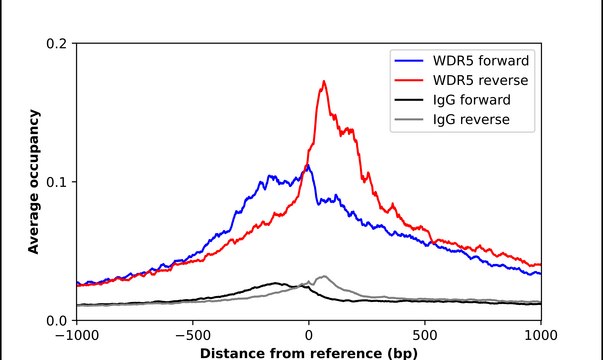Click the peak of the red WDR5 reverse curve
324,82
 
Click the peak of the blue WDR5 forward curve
307,166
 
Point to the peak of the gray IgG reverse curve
322,276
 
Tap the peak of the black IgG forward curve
275,284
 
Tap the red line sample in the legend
409,80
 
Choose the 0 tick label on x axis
309,336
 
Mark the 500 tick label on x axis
425,336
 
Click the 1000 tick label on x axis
540,336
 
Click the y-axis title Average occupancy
33,182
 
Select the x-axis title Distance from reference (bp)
309,353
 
